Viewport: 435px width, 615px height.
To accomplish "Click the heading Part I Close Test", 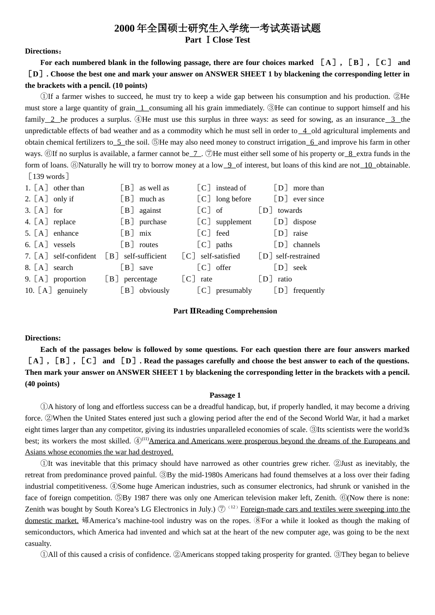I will (217, 40).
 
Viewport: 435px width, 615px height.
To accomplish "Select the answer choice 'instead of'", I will (231, 188).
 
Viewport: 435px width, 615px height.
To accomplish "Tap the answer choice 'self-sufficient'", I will (145, 256).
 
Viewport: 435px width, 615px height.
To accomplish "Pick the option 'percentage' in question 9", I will (140, 279).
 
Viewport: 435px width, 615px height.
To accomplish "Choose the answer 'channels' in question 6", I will (306, 245).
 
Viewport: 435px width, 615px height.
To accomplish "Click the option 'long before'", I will (234, 199).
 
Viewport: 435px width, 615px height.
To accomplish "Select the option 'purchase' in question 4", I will (153, 222).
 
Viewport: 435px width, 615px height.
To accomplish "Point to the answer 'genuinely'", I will (72, 291).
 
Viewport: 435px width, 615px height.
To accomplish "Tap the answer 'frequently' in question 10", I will (309, 291).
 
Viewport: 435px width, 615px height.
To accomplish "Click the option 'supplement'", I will (234, 222).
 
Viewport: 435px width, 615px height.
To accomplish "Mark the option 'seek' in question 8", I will (300, 268).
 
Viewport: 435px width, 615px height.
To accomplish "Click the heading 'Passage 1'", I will (225, 395).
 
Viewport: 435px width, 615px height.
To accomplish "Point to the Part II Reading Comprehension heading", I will (225, 311).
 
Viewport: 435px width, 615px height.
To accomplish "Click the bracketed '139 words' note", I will (49, 177).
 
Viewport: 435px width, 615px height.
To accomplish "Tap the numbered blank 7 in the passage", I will (196, 154).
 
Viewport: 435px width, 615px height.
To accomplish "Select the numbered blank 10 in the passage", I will (368, 165).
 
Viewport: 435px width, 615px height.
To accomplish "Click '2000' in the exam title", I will (124, 28).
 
